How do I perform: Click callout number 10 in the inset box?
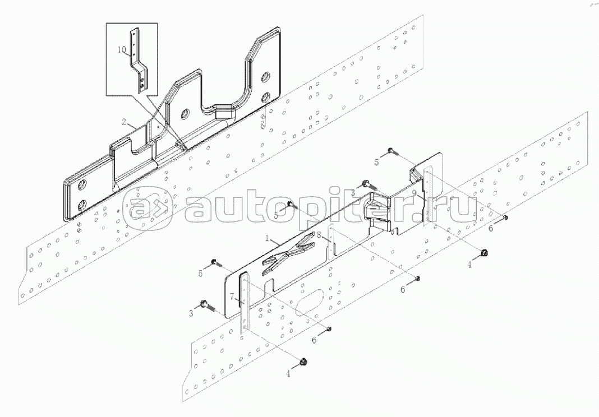[121, 50]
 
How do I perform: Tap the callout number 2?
[124, 122]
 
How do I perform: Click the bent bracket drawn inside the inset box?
[138, 60]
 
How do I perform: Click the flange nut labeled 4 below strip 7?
[303, 360]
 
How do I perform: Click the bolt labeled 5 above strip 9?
[391, 151]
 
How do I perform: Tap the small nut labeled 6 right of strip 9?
[506, 217]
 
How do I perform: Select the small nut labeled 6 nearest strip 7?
[329, 329]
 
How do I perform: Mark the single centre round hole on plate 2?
[185, 113]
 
